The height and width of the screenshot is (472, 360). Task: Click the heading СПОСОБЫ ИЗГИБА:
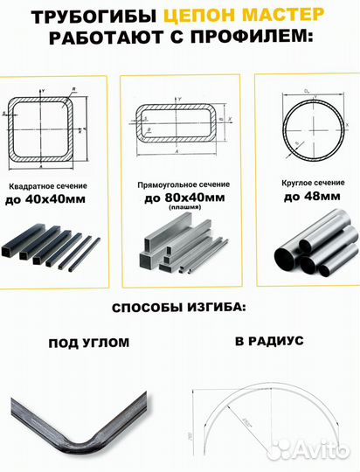pyautogui.click(x=178, y=309)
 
